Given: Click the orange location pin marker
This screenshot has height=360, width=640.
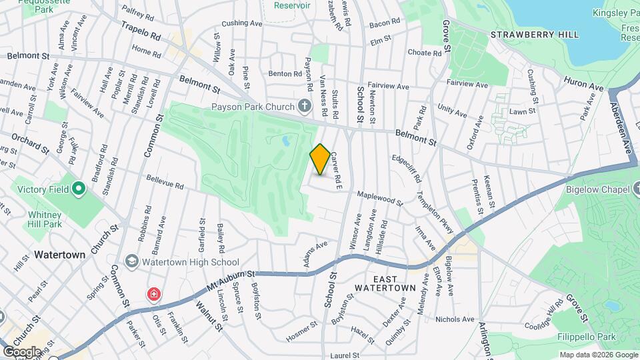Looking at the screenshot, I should click(320, 160).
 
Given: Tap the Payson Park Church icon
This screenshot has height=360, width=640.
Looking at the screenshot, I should click(304, 106).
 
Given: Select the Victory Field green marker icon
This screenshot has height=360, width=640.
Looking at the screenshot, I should click(79, 189).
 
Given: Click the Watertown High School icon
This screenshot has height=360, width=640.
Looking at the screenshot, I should click(131, 262).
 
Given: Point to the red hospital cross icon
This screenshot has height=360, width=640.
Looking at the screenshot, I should click(154, 294).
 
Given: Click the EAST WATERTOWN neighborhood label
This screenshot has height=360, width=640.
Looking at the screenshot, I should click(385, 283).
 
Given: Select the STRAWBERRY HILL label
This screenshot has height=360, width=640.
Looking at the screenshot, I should click(527, 33).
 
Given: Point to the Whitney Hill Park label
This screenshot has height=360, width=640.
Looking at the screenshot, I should click(45, 220).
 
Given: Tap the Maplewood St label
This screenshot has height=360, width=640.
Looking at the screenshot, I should click(380, 197).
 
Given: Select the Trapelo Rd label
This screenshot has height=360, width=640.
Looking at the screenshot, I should click(141, 31).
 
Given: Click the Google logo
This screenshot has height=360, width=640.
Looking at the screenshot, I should click(22, 351).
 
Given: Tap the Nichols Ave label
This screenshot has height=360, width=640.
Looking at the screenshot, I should click(454, 319).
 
